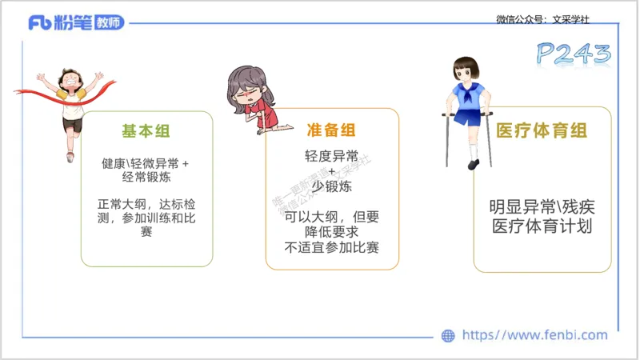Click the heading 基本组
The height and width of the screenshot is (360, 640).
pos(146,130)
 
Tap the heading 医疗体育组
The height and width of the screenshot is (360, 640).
pos(542,130)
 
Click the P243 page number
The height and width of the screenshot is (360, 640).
pos(573,54)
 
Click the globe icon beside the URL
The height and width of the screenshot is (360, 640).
pos(449,336)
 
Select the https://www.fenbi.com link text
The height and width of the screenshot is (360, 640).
pos(535,335)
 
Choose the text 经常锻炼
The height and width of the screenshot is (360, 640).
pos(146,177)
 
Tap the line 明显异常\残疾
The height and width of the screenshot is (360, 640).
pos(542,206)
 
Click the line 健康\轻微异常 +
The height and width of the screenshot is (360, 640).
pos(146,162)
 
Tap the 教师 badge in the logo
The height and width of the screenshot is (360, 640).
pos(107,22)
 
